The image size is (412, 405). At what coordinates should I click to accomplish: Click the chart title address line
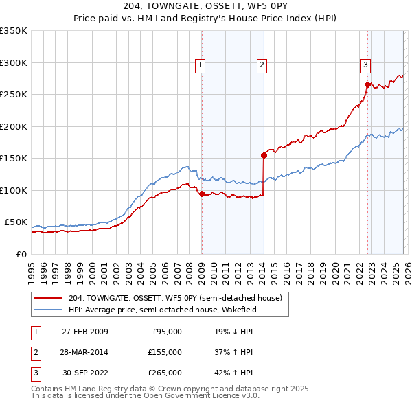205,7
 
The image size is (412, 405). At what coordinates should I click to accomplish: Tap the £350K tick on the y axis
14,31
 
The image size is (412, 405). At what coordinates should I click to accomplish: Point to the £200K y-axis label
14,126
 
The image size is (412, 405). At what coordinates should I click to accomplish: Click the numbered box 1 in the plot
201,66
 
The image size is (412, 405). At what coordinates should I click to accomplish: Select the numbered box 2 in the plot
262,66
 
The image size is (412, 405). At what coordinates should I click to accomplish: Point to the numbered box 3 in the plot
366,66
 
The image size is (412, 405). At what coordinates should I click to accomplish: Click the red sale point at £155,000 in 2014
264,155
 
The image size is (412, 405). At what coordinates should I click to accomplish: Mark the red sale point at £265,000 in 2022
367,85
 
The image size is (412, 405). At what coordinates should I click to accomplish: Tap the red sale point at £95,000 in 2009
202,194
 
